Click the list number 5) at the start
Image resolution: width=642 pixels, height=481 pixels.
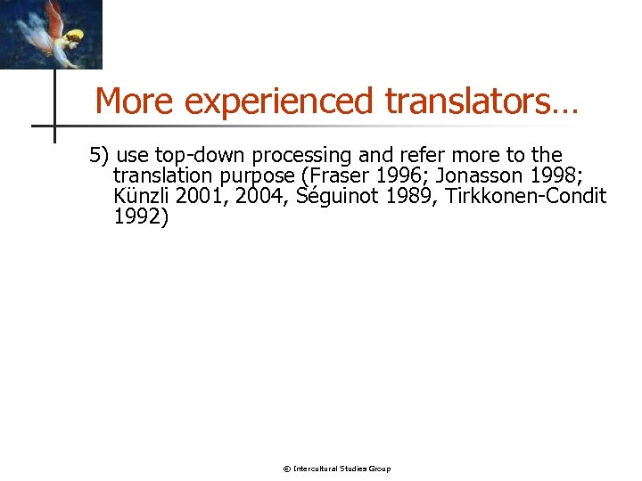[98, 156]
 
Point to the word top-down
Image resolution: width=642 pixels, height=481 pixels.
[199, 156]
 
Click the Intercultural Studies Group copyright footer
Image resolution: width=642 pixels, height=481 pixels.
[336, 469]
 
